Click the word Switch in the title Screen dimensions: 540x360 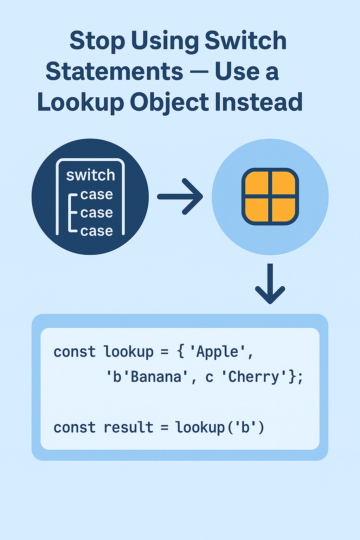[x=245, y=40]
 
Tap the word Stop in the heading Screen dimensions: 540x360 [x=97, y=40]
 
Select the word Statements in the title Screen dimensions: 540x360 [x=114, y=71]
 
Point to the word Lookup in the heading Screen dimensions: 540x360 [x=81, y=102]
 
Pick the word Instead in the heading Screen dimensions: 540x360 [x=258, y=102]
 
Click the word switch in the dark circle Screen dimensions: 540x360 [x=91, y=175]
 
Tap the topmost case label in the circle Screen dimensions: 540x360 [x=97, y=194]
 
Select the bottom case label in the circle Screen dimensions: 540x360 [x=97, y=231]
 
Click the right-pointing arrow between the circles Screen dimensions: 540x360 [x=180, y=197]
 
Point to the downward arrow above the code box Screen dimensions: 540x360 [x=270, y=284]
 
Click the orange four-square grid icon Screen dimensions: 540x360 [x=270, y=197]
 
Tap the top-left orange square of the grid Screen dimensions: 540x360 [x=257, y=183]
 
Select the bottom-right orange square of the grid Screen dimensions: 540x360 [x=283, y=210]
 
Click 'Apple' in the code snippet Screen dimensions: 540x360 [x=217, y=352]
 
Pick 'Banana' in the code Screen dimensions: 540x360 [x=156, y=377]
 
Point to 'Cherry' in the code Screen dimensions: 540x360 [x=254, y=377]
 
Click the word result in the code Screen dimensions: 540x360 [x=129, y=427]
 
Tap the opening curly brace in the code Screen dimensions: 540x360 [x=181, y=352]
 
